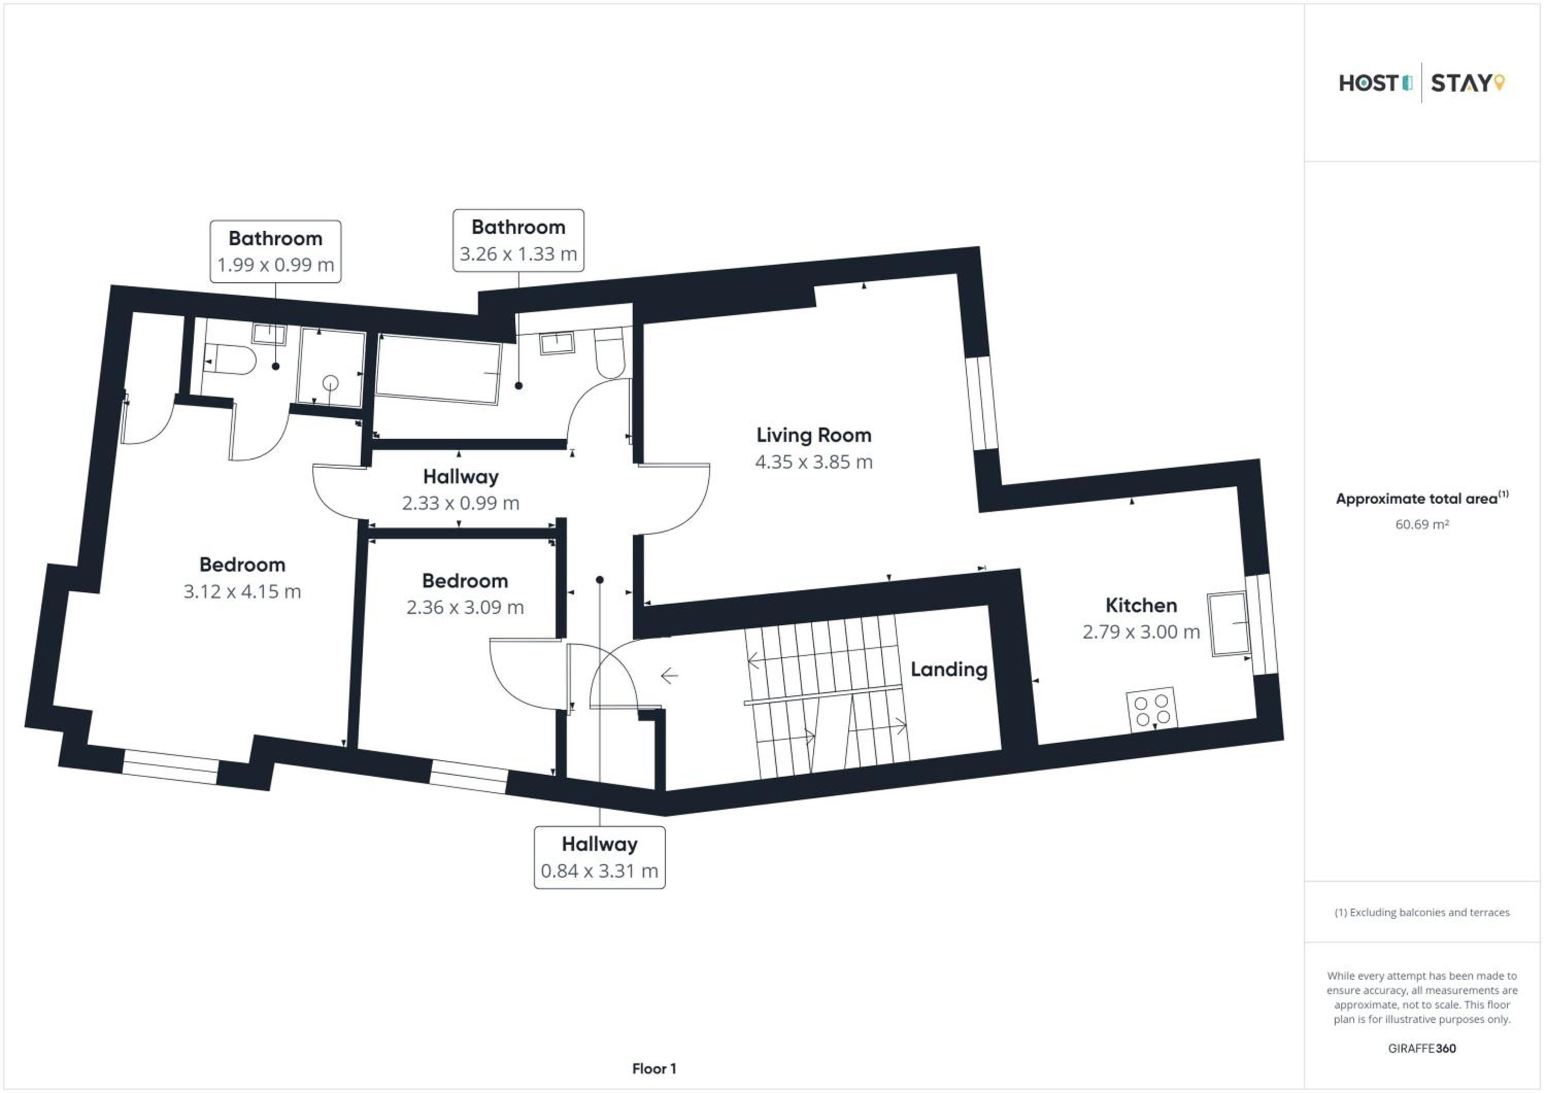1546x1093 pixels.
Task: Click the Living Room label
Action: click(x=813, y=435)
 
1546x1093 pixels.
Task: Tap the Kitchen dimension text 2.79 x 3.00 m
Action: click(x=1140, y=632)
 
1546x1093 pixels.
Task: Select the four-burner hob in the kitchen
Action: click(x=1151, y=709)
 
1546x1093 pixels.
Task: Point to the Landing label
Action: click(x=949, y=670)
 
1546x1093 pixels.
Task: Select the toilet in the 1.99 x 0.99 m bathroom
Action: click(x=229, y=360)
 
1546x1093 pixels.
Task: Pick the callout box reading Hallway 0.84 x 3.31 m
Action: click(x=599, y=858)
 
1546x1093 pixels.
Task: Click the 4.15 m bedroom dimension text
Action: click(x=242, y=592)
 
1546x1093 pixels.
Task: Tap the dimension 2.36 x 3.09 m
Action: click(x=465, y=608)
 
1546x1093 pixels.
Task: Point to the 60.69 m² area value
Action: click(x=1421, y=524)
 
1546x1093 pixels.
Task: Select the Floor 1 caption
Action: click(x=654, y=1069)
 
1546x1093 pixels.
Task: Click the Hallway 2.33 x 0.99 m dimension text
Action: click(x=461, y=503)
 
